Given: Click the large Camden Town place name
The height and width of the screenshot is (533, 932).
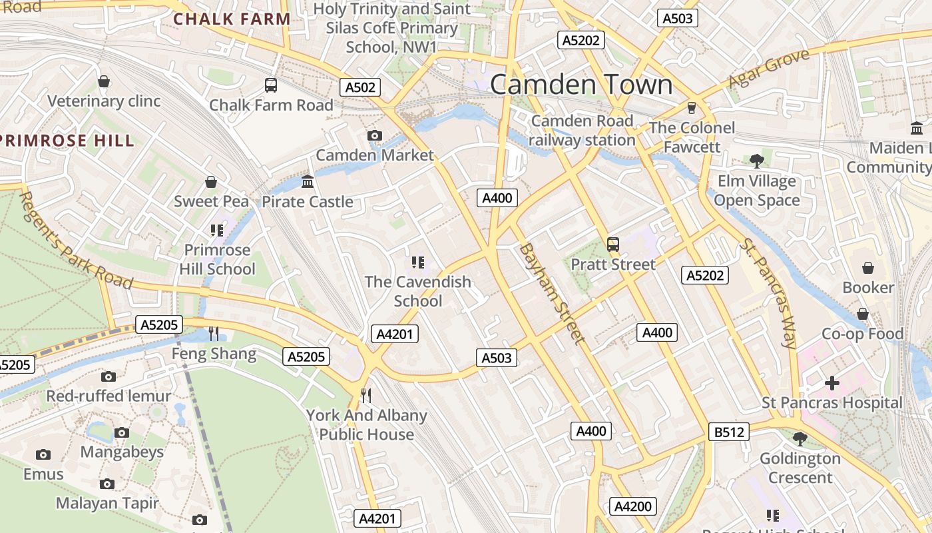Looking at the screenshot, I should click(x=581, y=85).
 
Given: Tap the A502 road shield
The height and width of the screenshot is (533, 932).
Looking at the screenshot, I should click(x=361, y=87).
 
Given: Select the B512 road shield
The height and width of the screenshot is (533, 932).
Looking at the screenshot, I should click(x=729, y=432).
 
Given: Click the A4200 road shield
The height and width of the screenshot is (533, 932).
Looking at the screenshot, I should click(x=632, y=506).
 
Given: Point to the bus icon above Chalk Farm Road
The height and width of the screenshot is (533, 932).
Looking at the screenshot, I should click(x=271, y=85).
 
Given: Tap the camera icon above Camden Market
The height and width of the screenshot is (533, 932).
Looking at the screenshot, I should click(x=375, y=136).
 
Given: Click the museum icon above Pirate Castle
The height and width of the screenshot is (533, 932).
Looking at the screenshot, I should click(x=308, y=181).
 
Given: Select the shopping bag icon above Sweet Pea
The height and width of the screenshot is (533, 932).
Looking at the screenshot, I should click(x=211, y=182).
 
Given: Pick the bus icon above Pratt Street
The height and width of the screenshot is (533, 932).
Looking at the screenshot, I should click(x=613, y=245).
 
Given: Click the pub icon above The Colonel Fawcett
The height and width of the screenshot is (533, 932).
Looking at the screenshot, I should click(x=692, y=107).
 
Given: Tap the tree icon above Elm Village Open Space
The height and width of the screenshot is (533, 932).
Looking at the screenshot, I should click(x=756, y=161).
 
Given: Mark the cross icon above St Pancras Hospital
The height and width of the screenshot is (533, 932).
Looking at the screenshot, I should click(x=831, y=383).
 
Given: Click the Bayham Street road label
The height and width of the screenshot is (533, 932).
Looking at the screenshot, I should click(x=552, y=293).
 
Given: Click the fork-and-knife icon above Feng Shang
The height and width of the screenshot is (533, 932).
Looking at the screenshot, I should click(x=214, y=333).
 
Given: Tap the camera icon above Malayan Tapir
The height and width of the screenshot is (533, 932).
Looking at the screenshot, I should click(x=107, y=484).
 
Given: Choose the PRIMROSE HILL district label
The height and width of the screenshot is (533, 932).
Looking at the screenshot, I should click(x=67, y=141).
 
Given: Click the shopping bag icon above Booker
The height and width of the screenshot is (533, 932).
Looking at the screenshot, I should click(x=868, y=268).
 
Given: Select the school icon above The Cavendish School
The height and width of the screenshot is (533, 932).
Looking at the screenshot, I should click(x=417, y=263).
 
